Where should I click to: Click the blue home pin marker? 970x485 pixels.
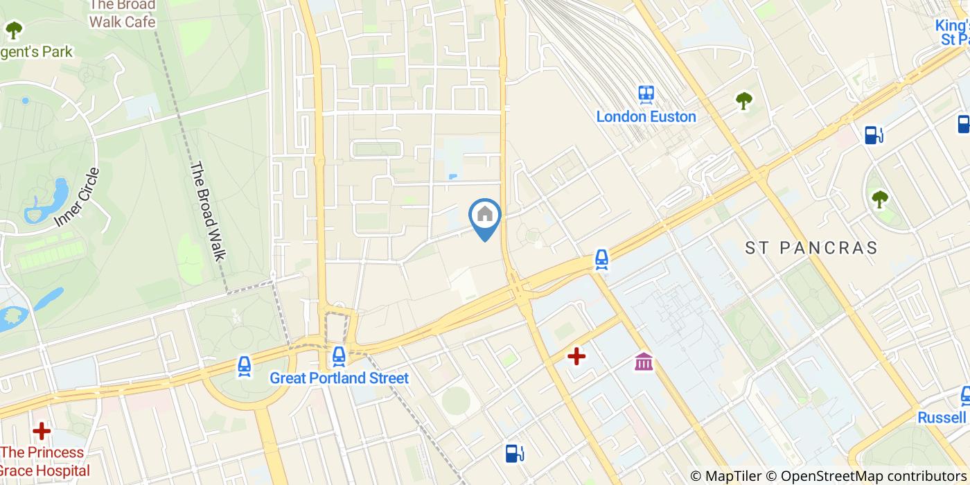(x=485, y=215)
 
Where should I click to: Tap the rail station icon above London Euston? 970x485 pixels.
(x=646, y=94)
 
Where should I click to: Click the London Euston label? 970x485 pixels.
(x=646, y=116)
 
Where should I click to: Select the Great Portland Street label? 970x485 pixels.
(x=339, y=378)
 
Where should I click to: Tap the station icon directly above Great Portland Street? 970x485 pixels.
(x=339, y=356)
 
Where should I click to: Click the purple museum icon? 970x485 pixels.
(x=644, y=361)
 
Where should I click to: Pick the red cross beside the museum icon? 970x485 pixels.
(x=576, y=356)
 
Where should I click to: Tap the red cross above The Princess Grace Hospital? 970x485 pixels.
(x=42, y=431)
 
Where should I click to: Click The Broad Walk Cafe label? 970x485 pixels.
(x=121, y=14)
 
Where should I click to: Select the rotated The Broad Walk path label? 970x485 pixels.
(x=209, y=211)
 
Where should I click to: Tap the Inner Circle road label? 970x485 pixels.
(x=77, y=197)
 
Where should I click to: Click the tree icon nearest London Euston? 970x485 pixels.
(x=744, y=101)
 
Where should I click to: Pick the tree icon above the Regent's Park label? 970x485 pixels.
(x=13, y=30)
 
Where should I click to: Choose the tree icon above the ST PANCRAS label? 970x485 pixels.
(x=880, y=200)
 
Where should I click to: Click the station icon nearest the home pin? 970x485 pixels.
(x=601, y=259)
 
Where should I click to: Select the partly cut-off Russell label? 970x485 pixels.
(x=942, y=417)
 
